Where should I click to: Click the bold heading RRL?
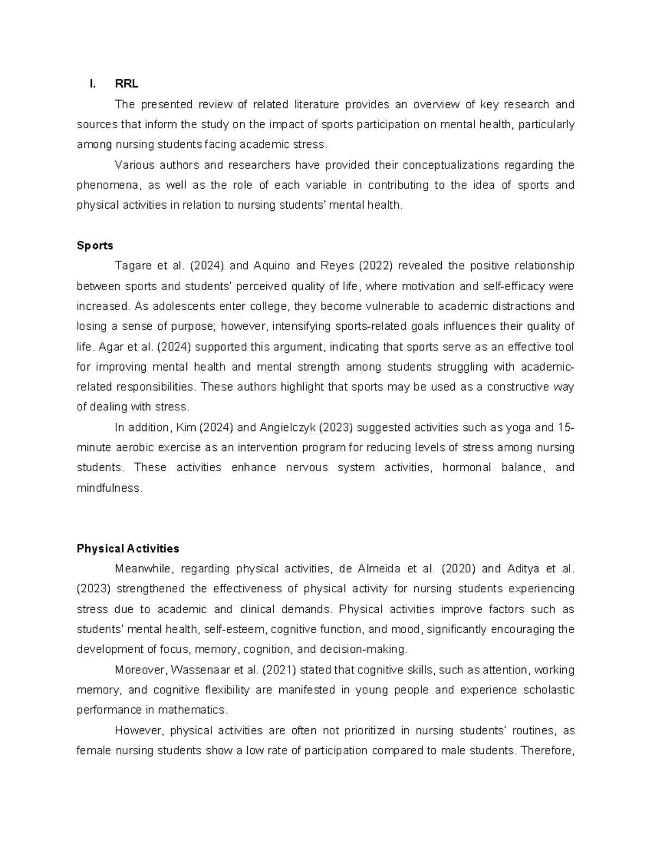pos(126,84)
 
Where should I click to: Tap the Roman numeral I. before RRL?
pos(93,84)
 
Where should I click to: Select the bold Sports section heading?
pos(95,246)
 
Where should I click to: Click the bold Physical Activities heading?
pos(128,548)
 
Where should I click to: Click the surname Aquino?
pos(272,266)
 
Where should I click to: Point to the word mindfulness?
pos(109,488)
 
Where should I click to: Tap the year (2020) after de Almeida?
pos(459,569)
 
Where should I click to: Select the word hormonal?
pos(467,467)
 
